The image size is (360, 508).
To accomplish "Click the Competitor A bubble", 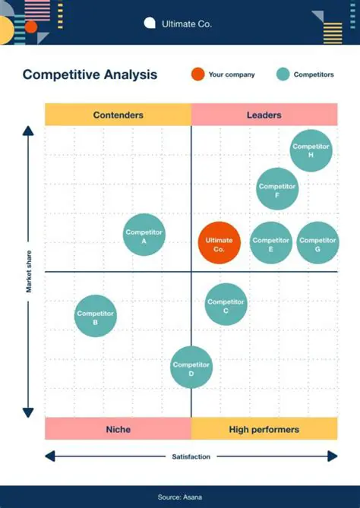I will tap(144, 235).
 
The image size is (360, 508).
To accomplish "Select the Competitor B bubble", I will tap(96, 316).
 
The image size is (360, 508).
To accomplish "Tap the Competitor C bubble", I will tap(226, 304).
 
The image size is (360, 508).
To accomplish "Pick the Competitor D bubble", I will tap(191, 368).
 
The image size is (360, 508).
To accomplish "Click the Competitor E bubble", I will tap(271, 243).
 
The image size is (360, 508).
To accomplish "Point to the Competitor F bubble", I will tap(277, 189).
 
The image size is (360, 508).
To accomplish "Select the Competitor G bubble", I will tap(317, 243).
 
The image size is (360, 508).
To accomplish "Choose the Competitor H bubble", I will tap(311, 150).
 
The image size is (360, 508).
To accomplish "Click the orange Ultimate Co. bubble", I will tap(219, 243).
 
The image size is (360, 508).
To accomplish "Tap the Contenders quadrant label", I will tap(118, 115).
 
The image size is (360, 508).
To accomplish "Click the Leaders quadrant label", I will tap(264, 115).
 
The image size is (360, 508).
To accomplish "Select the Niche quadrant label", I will tap(118, 429).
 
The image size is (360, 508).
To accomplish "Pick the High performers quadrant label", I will tap(264, 429).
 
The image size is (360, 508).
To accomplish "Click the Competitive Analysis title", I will tap(90, 74).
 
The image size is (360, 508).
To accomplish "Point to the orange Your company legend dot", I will tap(197, 74).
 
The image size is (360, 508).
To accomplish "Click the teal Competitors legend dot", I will tap(283, 74).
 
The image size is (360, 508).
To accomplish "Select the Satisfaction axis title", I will tap(191, 456).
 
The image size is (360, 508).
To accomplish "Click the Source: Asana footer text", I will tap(180, 497).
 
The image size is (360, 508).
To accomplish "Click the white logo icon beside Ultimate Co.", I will tap(150, 24).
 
